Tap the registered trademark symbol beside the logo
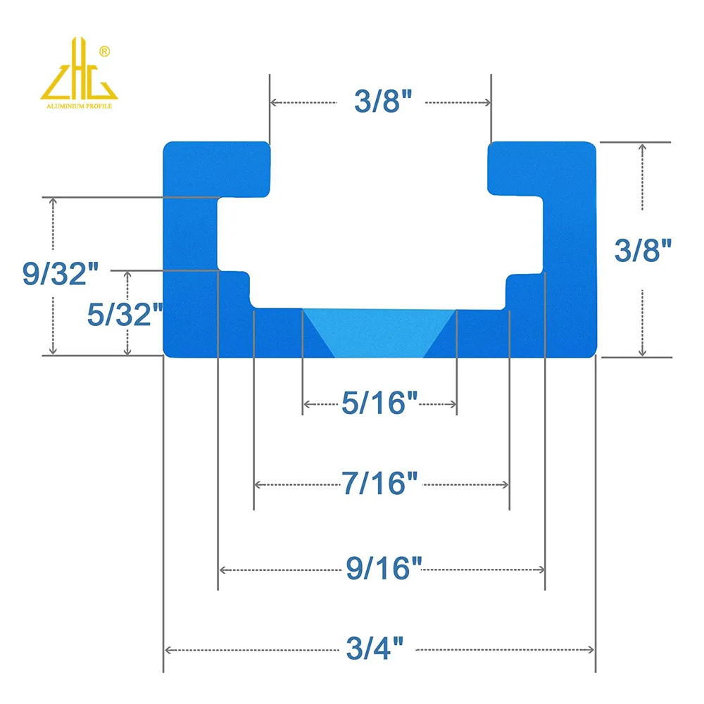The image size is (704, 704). click(x=105, y=51)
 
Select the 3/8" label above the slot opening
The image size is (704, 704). click(x=382, y=102)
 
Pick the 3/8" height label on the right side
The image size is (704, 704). click(x=643, y=250)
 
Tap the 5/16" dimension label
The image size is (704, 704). click(x=380, y=403)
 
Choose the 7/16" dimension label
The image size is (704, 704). click(x=380, y=484)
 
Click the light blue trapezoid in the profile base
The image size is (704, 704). click(x=380, y=331)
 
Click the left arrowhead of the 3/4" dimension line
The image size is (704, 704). click(x=168, y=649)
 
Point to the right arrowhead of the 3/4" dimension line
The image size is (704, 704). click(x=592, y=649)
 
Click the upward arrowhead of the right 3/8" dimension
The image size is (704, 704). click(x=641, y=146)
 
